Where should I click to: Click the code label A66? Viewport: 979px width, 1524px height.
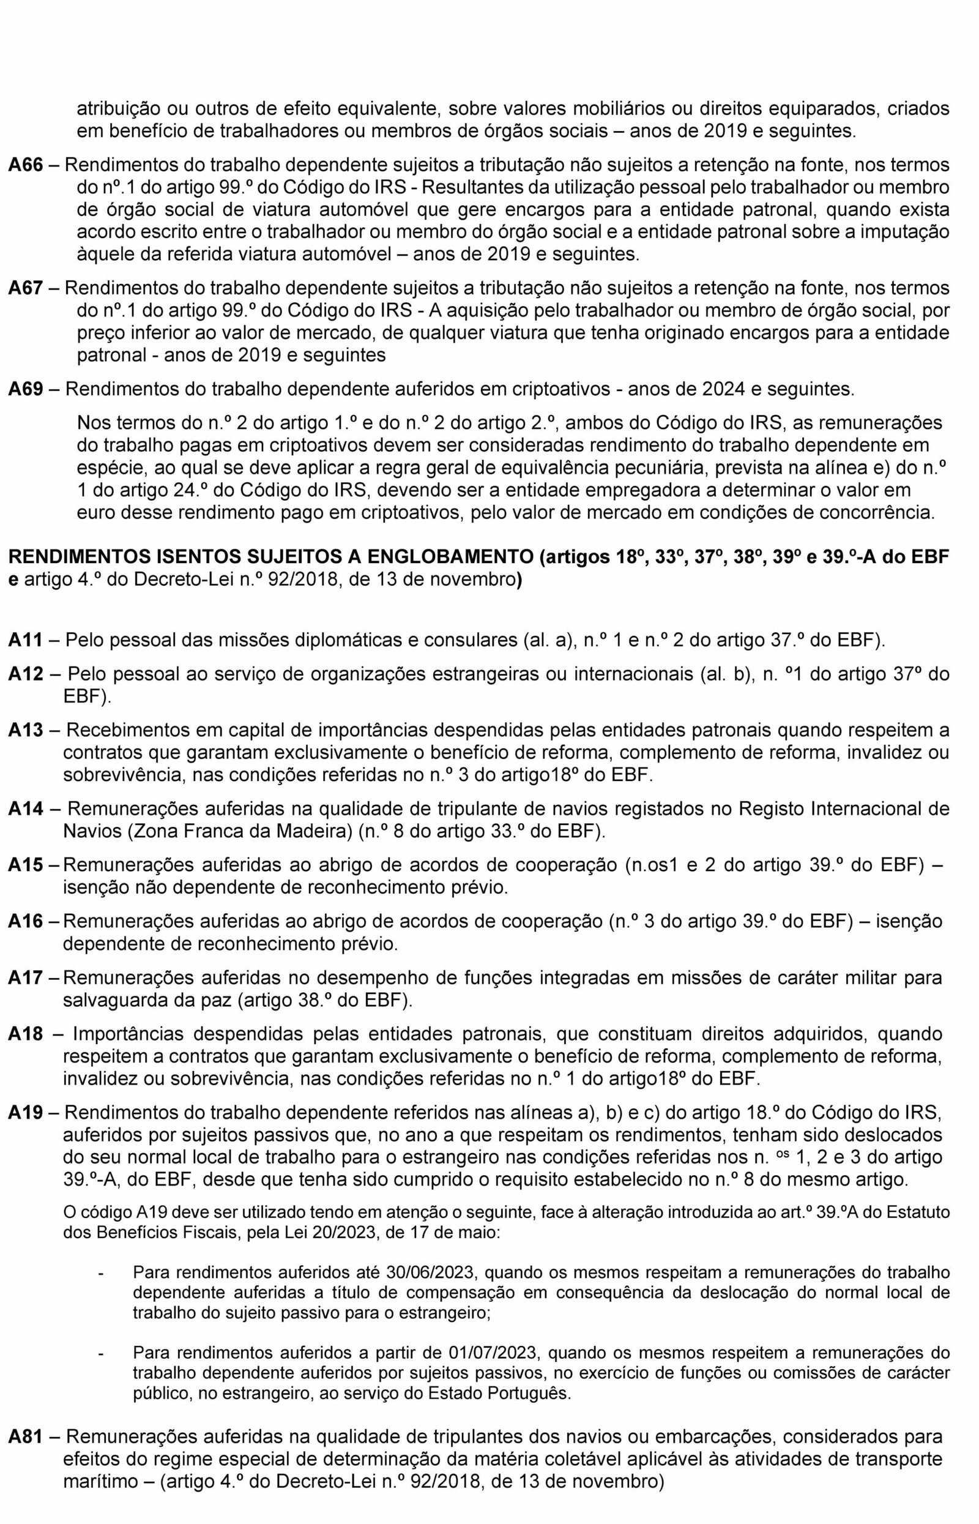tap(26, 165)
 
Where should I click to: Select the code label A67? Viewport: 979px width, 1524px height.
tap(26, 288)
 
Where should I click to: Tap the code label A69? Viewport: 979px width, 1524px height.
tap(26, 389)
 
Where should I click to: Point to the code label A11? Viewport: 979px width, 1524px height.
tap(26, 640)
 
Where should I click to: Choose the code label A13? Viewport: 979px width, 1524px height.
tap(26, 730)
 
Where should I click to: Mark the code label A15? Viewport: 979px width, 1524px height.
tap(26, 865)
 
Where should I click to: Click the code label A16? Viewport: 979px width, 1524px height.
tap(26, 921)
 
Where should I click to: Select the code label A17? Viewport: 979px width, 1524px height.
tap(26, 977)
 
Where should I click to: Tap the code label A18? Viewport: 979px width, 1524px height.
tap(26, 1033)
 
